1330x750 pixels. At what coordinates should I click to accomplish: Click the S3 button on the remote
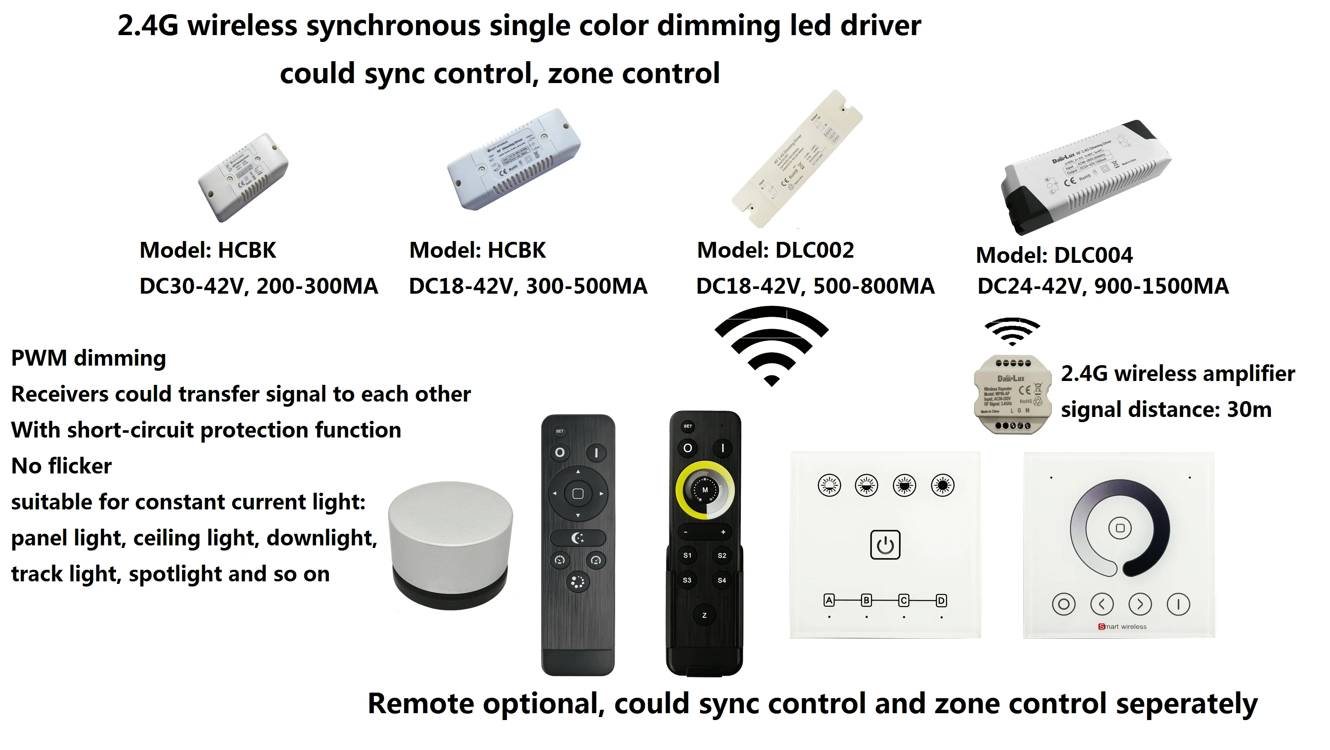(x=687, y=580)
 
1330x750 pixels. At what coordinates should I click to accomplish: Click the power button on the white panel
(x=885, y=545)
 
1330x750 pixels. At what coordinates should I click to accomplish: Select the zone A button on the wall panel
(x=829, y=600)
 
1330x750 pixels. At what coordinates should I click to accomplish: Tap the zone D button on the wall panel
(x=941, y=600)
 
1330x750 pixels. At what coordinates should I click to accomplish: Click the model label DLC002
(x=775, y=250)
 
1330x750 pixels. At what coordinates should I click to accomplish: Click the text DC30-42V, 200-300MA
(x=259, y=286)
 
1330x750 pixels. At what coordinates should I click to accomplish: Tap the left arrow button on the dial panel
(x=1102, y=604)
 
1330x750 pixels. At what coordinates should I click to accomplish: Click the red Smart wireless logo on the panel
(x=1122, y=627)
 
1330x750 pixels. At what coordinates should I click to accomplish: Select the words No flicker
(x=61, y=466)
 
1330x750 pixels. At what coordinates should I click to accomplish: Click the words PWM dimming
(x=88, y=358)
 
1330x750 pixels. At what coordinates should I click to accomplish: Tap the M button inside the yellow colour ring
(x=705, y=490)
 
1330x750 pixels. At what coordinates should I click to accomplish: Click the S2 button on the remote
(x=722, y=555)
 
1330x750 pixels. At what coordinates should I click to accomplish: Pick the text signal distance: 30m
(x=1166, y=410)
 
